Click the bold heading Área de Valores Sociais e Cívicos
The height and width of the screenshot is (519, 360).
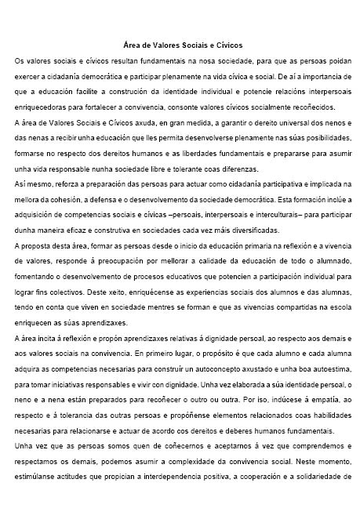click(183, 46)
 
